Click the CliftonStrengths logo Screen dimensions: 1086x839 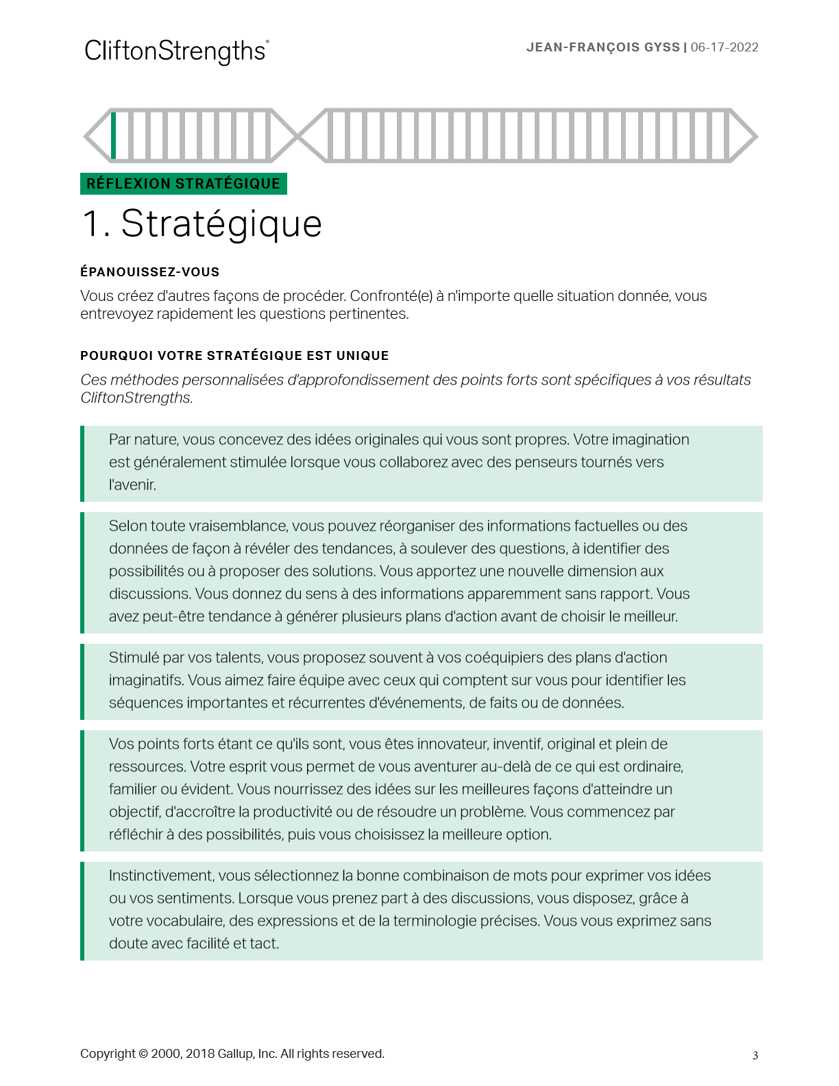click(x=176, y=51)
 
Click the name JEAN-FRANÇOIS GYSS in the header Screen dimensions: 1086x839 click(x=603, y=47)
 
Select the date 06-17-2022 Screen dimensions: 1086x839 click(x=725, y=47)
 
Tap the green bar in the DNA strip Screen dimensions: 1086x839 click(x=114, y=135)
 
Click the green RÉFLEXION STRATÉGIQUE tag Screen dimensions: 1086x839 click(x=183, y=184)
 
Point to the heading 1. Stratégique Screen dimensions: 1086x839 click(x=202, y=224)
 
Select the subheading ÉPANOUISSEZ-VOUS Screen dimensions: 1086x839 click(x=149, y=272)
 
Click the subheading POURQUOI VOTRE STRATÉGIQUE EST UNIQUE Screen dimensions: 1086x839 click(x=234, y=356)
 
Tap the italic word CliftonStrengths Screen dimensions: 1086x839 click(x=136, y=398)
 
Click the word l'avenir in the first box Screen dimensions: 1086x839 click(x=132, y=485)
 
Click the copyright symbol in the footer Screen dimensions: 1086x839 click(x=143, y=1054)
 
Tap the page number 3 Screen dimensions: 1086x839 click(x=755, y=1056)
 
